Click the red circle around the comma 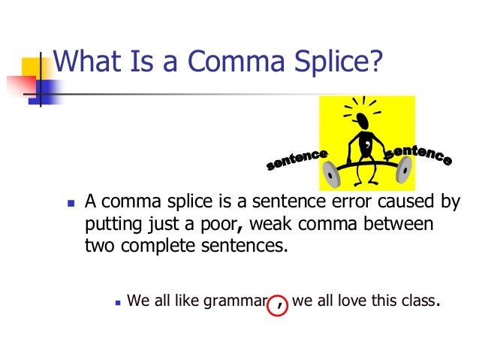pyautogui.click(x=279, y=302)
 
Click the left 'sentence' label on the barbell pyautogui.click(x=299, y=159)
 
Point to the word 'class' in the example pyautogui.click(x=417, y=302)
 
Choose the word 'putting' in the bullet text pyautogui.click(x=109, y=225)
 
